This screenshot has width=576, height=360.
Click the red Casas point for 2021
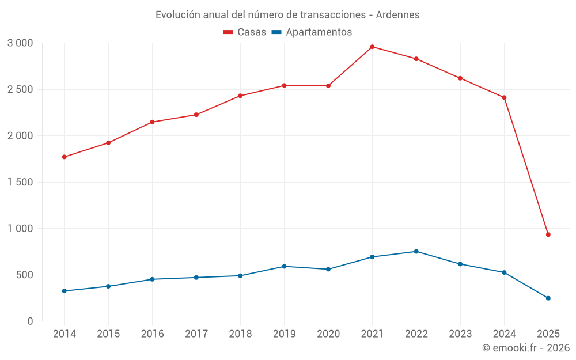click(372, 47)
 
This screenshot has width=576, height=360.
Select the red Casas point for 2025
click(548, 234)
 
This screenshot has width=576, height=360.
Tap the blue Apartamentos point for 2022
click(416, 251)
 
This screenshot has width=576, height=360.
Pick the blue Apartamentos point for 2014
click(64, 291)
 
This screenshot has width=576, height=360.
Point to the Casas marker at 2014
click(64, 157)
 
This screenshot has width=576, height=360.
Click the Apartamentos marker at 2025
click(548, 298)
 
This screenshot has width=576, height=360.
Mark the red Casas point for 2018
click(240, 96)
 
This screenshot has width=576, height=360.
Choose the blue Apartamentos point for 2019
click(284, 266)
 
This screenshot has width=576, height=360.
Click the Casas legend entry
click(245, 32)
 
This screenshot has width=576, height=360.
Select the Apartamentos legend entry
click(312, 32)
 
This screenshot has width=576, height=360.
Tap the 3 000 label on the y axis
click(21, 43)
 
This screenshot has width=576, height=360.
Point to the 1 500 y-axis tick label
click(21, 182)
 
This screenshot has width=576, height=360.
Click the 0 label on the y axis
click(31, 321)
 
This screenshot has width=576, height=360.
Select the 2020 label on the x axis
click(328, 334)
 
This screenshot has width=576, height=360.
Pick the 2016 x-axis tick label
click(152, 334)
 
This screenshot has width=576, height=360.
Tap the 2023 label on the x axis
click(460, 334)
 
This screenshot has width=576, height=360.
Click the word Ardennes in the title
click(397, 14)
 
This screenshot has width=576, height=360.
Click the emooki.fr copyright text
click(525, 348)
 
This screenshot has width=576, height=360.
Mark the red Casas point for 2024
click(504, 97)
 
